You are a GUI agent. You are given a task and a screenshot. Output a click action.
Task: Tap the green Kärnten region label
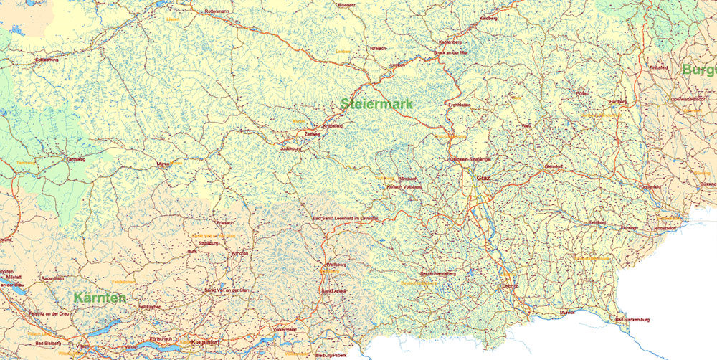tap(100, 297)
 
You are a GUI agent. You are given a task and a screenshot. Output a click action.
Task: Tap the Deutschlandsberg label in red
tap(437, 274)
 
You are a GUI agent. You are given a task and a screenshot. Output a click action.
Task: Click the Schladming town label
tap(47, 60)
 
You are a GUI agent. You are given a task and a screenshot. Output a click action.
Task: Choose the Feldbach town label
tap(598, 223)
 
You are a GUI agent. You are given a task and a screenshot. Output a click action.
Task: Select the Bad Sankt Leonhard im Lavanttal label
tap(345, 219)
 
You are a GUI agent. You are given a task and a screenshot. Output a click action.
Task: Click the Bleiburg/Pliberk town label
tap(331, 355)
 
